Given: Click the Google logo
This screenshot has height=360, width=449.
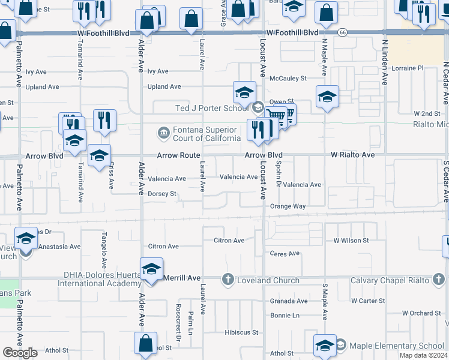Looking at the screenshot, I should coord(20,352).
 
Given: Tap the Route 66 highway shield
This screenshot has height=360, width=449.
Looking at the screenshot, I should coord(342,32).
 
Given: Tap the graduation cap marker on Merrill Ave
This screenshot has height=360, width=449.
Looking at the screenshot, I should coord(152,269).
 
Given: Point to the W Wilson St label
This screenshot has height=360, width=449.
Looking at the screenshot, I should coord(351,241).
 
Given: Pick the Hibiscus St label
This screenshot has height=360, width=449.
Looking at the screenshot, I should coord(241,332).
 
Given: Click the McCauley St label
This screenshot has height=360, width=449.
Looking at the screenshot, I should coord(288,78).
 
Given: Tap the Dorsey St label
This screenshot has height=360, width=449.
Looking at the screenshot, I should coord(162,194).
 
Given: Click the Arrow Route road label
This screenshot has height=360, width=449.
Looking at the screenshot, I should coord(178,155).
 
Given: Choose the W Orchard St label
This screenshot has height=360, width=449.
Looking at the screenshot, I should coord(421,313).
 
